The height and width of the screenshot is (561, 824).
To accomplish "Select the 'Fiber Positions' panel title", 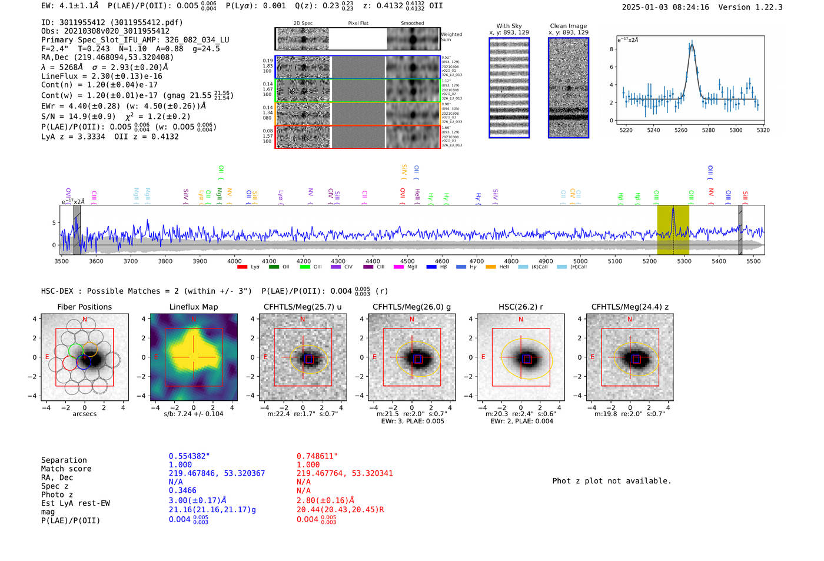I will pos(84,307).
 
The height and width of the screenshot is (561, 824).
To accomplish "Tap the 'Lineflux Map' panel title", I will pos(193,307).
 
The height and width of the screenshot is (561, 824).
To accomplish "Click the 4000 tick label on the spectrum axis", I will pos(234,261).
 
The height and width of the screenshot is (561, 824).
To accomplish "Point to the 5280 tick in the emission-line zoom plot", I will pos(708,130).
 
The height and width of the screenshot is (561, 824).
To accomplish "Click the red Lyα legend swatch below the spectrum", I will pos(242,267).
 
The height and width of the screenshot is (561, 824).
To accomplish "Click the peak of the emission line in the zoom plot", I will pos(692,44).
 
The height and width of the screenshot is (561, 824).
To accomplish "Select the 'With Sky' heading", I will pos(509,26).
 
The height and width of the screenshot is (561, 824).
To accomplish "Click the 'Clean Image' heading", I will pos(568,26).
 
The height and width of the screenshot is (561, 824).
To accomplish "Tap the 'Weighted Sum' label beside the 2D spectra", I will pos(451,37).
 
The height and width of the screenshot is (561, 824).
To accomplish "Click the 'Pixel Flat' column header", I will pos(358,23).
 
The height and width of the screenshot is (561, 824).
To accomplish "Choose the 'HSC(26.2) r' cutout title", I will pos(520,307).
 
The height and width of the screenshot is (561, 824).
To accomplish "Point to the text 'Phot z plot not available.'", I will pos(612,481).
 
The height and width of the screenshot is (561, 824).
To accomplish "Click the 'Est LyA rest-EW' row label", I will pos(75,503).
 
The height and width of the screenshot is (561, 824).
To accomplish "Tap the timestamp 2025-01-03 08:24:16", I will pos(665,7).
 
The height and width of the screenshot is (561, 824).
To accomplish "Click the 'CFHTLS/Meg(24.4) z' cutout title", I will pos(630,307).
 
